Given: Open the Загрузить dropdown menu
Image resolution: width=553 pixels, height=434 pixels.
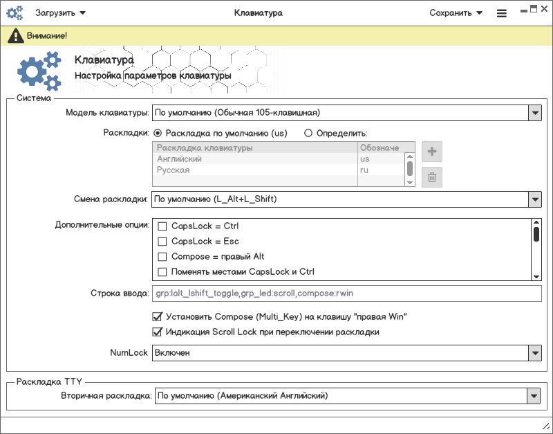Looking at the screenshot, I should tap(60, 12).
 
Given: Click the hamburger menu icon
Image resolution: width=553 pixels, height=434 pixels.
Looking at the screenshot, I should tap(501, 13).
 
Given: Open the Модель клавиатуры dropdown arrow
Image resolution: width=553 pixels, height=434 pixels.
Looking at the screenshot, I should tap(534, 113).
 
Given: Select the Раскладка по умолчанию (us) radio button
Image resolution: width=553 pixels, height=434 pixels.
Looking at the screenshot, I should tap(158, 133).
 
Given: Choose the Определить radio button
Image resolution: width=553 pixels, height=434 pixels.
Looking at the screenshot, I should tap(308, 133).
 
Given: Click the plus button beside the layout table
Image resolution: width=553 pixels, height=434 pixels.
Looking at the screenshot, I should tap(432, 152).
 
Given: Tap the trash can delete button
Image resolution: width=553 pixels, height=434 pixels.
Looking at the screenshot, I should tap(432, 177).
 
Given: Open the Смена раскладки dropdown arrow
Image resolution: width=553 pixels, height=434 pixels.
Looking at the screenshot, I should tap(534, 199).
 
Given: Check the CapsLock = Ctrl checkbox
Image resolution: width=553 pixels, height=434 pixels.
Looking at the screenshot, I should tap(163, 226).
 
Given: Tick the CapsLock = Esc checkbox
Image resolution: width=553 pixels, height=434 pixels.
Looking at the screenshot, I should tap(163, 242).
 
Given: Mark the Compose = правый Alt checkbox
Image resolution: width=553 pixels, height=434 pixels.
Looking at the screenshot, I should tap(163, 257).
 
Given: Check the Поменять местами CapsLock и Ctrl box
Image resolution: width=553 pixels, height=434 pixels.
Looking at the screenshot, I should tap(163, 272).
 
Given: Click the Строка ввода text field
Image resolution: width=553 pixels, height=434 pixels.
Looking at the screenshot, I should tap(346, 294).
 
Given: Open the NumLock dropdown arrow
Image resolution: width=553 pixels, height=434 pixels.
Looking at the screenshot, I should tap(534, 353).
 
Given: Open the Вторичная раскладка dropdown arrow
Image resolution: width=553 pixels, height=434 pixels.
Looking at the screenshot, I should tap(534, 396).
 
